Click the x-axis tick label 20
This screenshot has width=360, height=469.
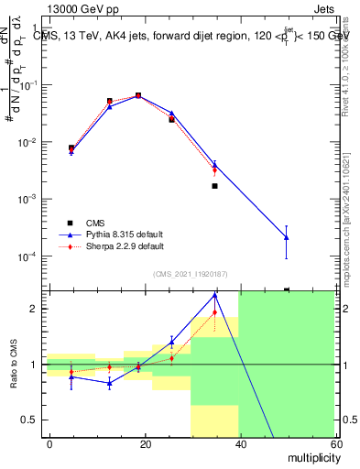[x=146, y=443]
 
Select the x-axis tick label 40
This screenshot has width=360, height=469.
[x=240, y=443]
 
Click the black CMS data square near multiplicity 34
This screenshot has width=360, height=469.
[x=214, y=186]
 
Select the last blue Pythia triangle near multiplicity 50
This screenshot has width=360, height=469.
[x=287, y=237]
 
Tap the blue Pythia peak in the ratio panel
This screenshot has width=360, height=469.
[x=214, y=295]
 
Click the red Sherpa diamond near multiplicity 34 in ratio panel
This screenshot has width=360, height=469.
[x=214, y=312]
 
